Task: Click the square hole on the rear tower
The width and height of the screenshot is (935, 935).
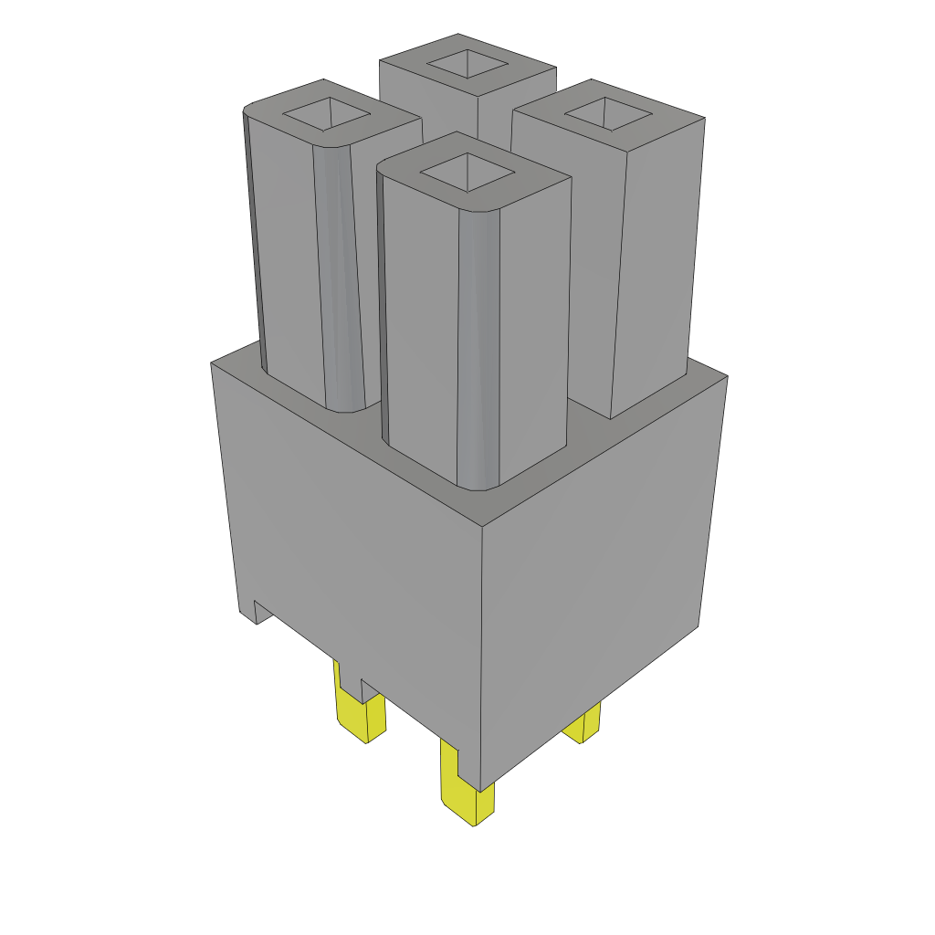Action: tap(467, 64)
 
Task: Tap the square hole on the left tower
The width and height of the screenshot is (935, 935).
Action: tap(326, 115)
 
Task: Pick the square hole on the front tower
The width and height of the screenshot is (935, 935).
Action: tap(467, 172)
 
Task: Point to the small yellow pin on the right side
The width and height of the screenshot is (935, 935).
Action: tap(584, 725)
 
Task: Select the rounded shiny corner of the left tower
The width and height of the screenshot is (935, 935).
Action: tap(340, 274)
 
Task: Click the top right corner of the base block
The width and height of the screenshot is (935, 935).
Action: tap(727, 375)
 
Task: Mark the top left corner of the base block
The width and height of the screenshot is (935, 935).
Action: tap(212, 363)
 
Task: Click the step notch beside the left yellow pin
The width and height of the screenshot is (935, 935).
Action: tap(369, 689)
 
